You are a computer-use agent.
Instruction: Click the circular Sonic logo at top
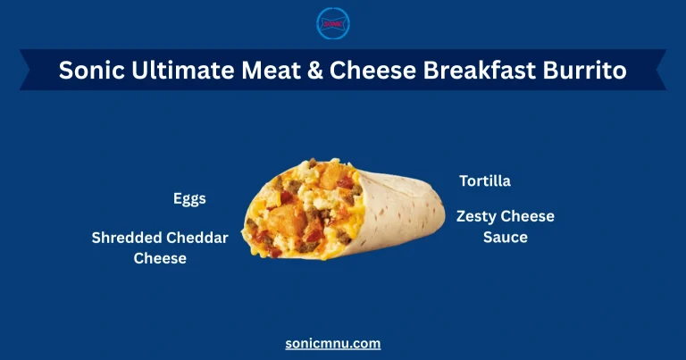(333, 23)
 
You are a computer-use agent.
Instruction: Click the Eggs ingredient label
(189, 198)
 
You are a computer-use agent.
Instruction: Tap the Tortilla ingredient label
(485, 181)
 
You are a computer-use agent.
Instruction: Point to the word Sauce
(506, 238)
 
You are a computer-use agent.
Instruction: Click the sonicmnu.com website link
(333, 343)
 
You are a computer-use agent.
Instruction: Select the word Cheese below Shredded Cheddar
(160, 258)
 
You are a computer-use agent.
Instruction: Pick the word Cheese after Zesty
(529, 216)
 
